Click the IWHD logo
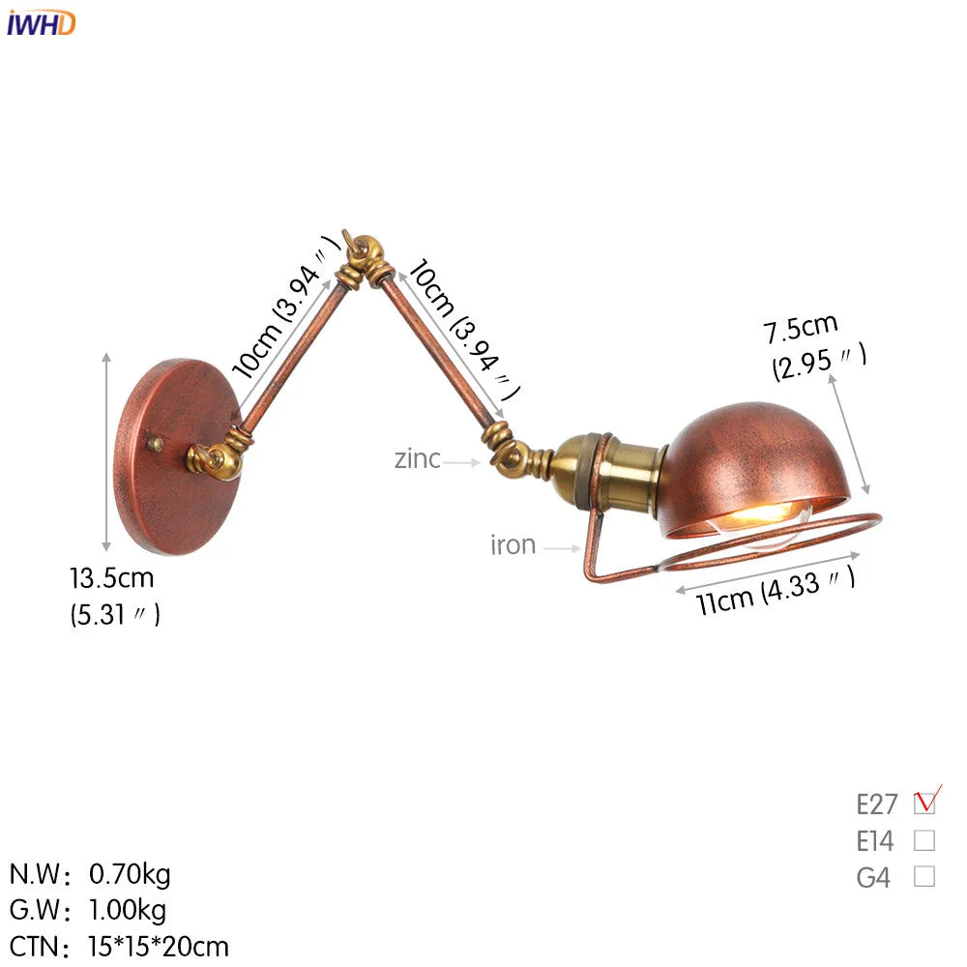(41, 23)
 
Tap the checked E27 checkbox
(923, 803)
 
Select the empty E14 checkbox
(923, 840)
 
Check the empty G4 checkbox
(923, 876)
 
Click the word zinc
(418, 459)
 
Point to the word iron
(513, 545)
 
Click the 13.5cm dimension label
(111, 578)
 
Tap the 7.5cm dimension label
(801, 328)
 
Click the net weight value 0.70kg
(130, 874)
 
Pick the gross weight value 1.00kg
(128, 910)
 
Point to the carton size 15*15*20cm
(159, 947)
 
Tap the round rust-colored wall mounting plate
(178, 457)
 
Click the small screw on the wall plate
(155, 444)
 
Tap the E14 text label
(874, 840)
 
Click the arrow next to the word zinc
(460, 462)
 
